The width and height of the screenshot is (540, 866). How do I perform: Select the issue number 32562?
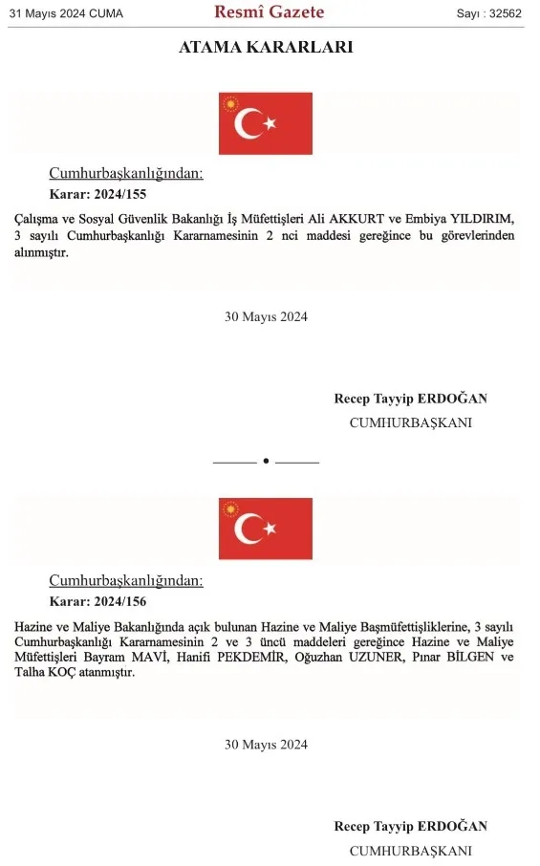pos(490,13)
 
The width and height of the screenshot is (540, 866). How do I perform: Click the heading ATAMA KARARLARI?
pos(266,47)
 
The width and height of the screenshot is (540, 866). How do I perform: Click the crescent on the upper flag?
pos(250,123)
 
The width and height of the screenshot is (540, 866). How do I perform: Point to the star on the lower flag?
pos(270,529)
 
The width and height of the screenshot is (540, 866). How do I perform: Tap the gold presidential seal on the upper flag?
pos(228,102)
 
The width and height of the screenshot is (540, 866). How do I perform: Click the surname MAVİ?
pos(171,658)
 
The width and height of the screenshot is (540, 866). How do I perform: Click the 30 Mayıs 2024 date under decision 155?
pos(266,317)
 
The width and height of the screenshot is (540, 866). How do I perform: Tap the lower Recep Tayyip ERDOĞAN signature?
pos(410,826)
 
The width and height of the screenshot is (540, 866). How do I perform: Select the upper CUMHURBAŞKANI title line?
pos(410,422)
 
